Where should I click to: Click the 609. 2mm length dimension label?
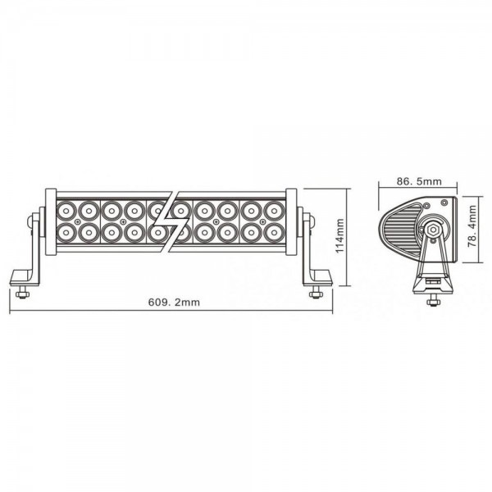[x=174, y=302]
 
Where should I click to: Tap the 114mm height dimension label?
[x=339, y=236]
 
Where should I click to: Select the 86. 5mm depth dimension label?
[x=419, y=181]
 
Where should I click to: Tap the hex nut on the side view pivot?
[x=433, y=230]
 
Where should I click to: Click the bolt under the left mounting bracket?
[x=22, y=293]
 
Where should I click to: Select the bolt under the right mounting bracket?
[x=316, y=293]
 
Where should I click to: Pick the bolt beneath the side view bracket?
[x=433, y=301]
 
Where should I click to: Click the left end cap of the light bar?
[x=51, y=222]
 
